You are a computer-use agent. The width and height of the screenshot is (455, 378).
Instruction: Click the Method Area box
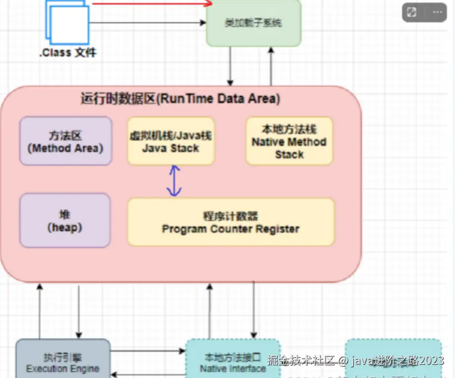coord(66,141)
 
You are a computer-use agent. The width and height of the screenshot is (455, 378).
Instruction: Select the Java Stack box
coord(171,141)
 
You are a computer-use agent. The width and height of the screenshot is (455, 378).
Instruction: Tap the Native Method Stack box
coord(289,141)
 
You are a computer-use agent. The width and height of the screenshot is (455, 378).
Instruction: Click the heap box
coord(65,220)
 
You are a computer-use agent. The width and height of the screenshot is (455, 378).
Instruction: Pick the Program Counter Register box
coord(231,222)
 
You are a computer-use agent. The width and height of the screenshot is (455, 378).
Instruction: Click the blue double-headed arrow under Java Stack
coord(175,181)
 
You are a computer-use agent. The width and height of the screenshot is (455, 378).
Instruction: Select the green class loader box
coord(254,23)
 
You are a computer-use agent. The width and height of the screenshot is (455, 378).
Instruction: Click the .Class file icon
coord(68,22)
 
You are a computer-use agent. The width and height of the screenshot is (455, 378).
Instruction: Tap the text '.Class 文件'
coord(68,53)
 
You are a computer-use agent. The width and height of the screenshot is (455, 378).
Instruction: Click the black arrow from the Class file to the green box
coord(147,23)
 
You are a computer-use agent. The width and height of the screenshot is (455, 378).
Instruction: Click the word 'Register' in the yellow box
coord(278,228)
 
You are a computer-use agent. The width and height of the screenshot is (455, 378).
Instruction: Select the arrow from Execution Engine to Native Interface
coord(147,351)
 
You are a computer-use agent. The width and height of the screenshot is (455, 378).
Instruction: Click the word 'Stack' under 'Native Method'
coord(289,154)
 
